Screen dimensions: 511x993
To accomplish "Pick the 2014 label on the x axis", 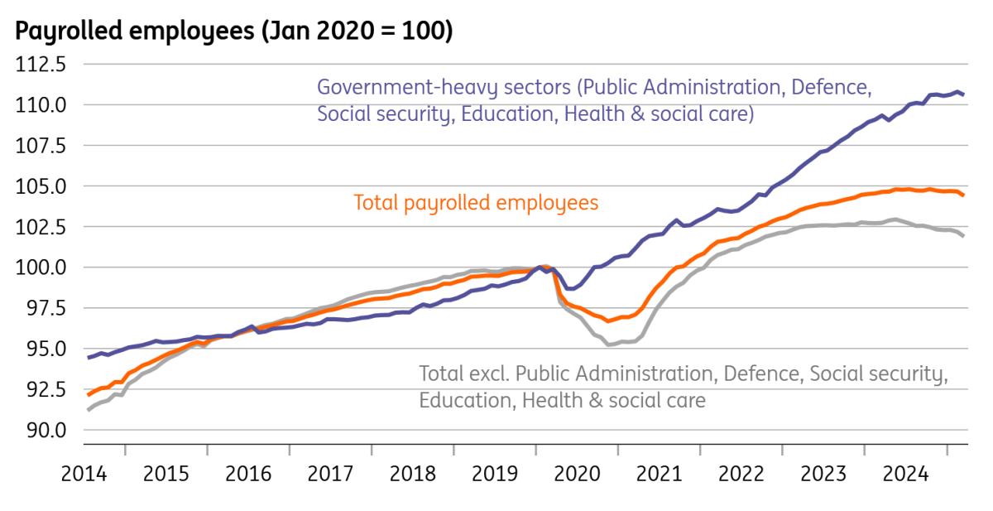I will pos(84,475).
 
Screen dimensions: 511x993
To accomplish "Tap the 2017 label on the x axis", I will pos(330,475).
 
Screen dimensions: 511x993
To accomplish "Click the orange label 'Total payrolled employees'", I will pos(476,203).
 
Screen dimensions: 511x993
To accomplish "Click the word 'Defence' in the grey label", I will pos(759,374).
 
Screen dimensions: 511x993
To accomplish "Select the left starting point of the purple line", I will pos(89,358).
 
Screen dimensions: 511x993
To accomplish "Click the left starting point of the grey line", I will pos(89,410).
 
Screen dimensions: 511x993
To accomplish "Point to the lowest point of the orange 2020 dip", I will pos(608,321).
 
